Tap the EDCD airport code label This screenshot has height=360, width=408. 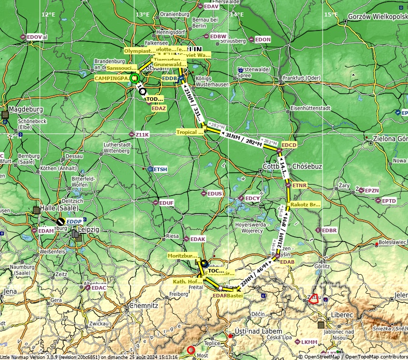289,145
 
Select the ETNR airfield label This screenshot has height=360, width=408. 299,185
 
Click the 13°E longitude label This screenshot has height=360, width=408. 142,14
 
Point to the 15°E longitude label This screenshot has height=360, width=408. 331,14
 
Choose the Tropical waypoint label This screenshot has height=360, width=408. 190,132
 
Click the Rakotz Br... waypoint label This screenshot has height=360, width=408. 305,204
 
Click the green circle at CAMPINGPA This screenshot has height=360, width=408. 135,79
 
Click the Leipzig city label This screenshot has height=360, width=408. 89,229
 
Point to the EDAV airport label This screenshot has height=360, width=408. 211,6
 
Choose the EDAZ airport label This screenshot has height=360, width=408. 159,109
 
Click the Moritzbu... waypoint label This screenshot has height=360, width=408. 182,256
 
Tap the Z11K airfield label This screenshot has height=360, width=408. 142,134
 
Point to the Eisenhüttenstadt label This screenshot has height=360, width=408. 311,108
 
